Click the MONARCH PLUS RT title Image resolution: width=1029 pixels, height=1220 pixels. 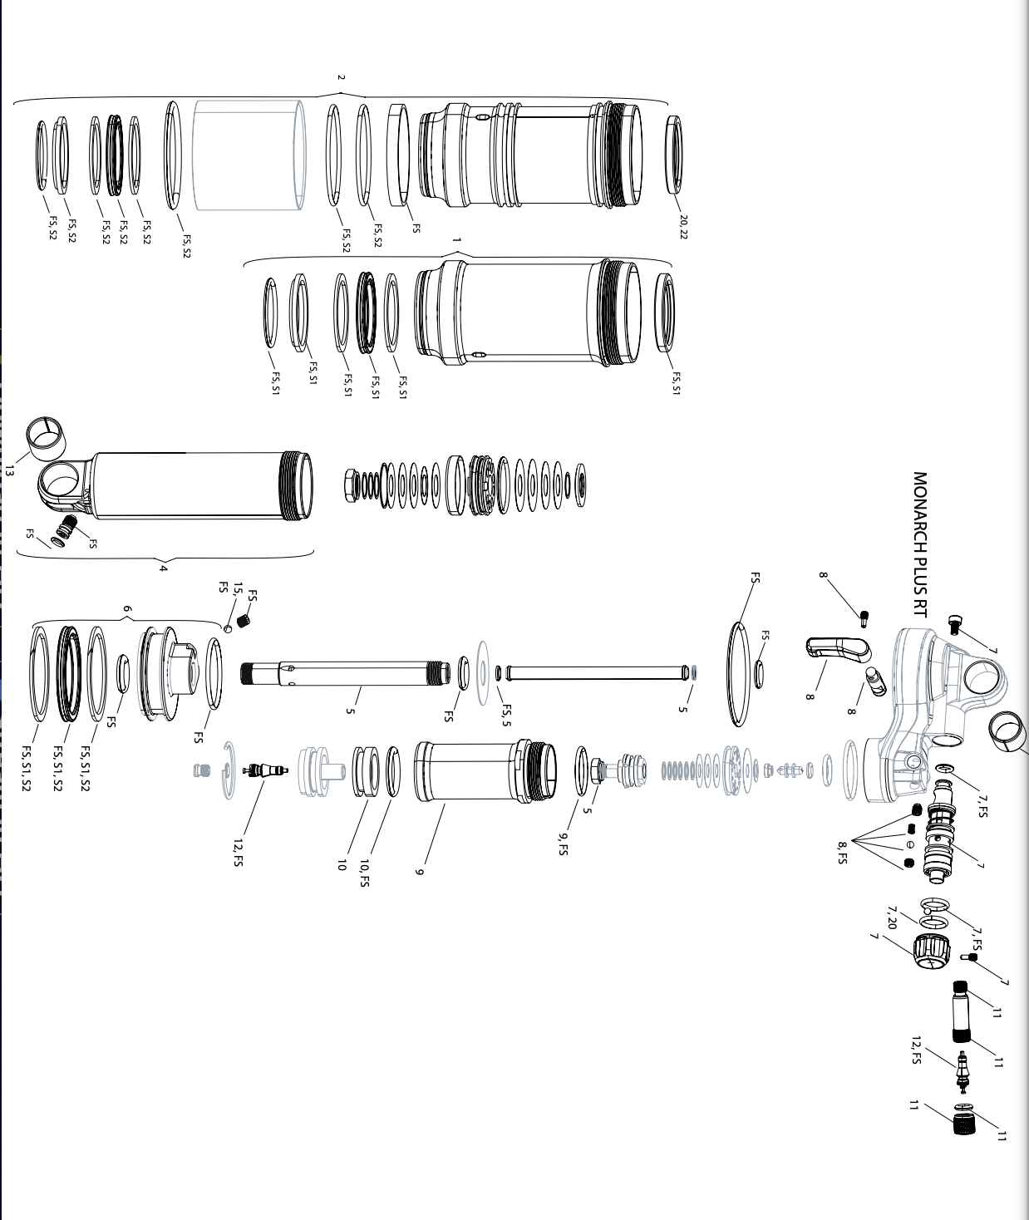pos(919,544)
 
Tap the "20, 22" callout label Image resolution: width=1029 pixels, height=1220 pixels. pos(683,227)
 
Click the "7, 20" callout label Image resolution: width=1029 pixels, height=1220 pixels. pos(892,918)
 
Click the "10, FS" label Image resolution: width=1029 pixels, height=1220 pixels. pos(363,873)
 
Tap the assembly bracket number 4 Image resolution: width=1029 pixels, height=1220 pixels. pos(164,568)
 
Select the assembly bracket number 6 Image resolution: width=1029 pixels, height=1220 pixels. pos(127,609)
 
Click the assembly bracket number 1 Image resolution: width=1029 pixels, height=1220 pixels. pos(456,240)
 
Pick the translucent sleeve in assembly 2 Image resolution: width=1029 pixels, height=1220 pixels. pos(249,155)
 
